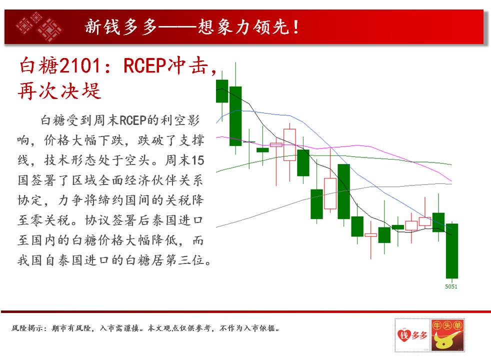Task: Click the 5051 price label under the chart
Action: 451,286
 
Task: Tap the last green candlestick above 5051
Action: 452,250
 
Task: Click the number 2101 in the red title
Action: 80,65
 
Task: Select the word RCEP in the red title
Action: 144,65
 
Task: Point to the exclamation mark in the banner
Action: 295,27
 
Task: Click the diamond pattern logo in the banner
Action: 39,26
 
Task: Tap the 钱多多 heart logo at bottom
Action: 412,335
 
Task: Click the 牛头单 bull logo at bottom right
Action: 447,335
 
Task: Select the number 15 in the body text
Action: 197,160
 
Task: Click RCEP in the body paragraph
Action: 133,120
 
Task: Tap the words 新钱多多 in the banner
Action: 121,27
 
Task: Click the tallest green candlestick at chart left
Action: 235,116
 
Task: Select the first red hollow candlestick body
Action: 276,144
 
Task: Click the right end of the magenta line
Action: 451,181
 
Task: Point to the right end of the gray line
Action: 451,184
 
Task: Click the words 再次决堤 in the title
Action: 59,91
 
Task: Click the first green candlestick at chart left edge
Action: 222,91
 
